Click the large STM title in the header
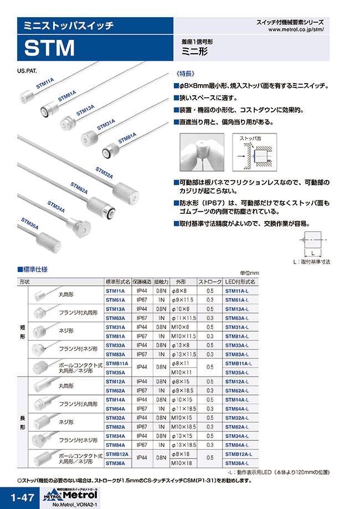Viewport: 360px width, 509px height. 49,49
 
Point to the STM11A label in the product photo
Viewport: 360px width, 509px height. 45,84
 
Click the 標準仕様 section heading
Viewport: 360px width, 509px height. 36,270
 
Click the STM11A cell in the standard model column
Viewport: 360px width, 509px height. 115,290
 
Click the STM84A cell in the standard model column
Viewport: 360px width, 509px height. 115,444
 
